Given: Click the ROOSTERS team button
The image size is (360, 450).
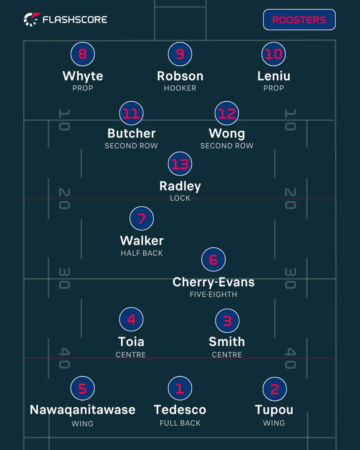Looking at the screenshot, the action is [299, 20].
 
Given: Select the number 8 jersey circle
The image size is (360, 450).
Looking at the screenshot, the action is [83, 54].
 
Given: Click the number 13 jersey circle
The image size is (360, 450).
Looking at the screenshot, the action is [180, 164].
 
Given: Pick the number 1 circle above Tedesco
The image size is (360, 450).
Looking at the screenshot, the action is [180, 388].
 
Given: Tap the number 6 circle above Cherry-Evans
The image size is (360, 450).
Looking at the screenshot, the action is [213, 260].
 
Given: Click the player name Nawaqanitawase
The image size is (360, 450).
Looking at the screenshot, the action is [83, 410].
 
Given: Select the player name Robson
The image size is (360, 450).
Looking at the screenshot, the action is [180, 76].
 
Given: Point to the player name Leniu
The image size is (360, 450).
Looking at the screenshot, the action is [274, 76].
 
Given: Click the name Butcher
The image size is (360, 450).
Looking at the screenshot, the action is [132, 133].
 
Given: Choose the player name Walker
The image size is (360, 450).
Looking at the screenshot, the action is [142, 240].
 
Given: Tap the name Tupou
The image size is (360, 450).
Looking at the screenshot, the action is [274, 410].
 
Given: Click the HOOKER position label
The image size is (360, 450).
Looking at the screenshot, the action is [180, 88].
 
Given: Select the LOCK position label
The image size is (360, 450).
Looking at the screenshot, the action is [180, 198].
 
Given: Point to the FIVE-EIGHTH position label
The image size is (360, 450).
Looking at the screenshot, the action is [213, 294].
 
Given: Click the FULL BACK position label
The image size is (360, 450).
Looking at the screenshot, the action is [180, 423].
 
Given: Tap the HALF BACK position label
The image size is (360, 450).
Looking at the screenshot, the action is [142, 253].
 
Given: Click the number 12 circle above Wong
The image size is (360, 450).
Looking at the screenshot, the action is [227, 113].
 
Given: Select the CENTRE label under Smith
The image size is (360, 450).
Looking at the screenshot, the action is [227, 355].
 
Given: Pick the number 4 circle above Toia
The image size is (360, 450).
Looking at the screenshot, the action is [131, 319].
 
